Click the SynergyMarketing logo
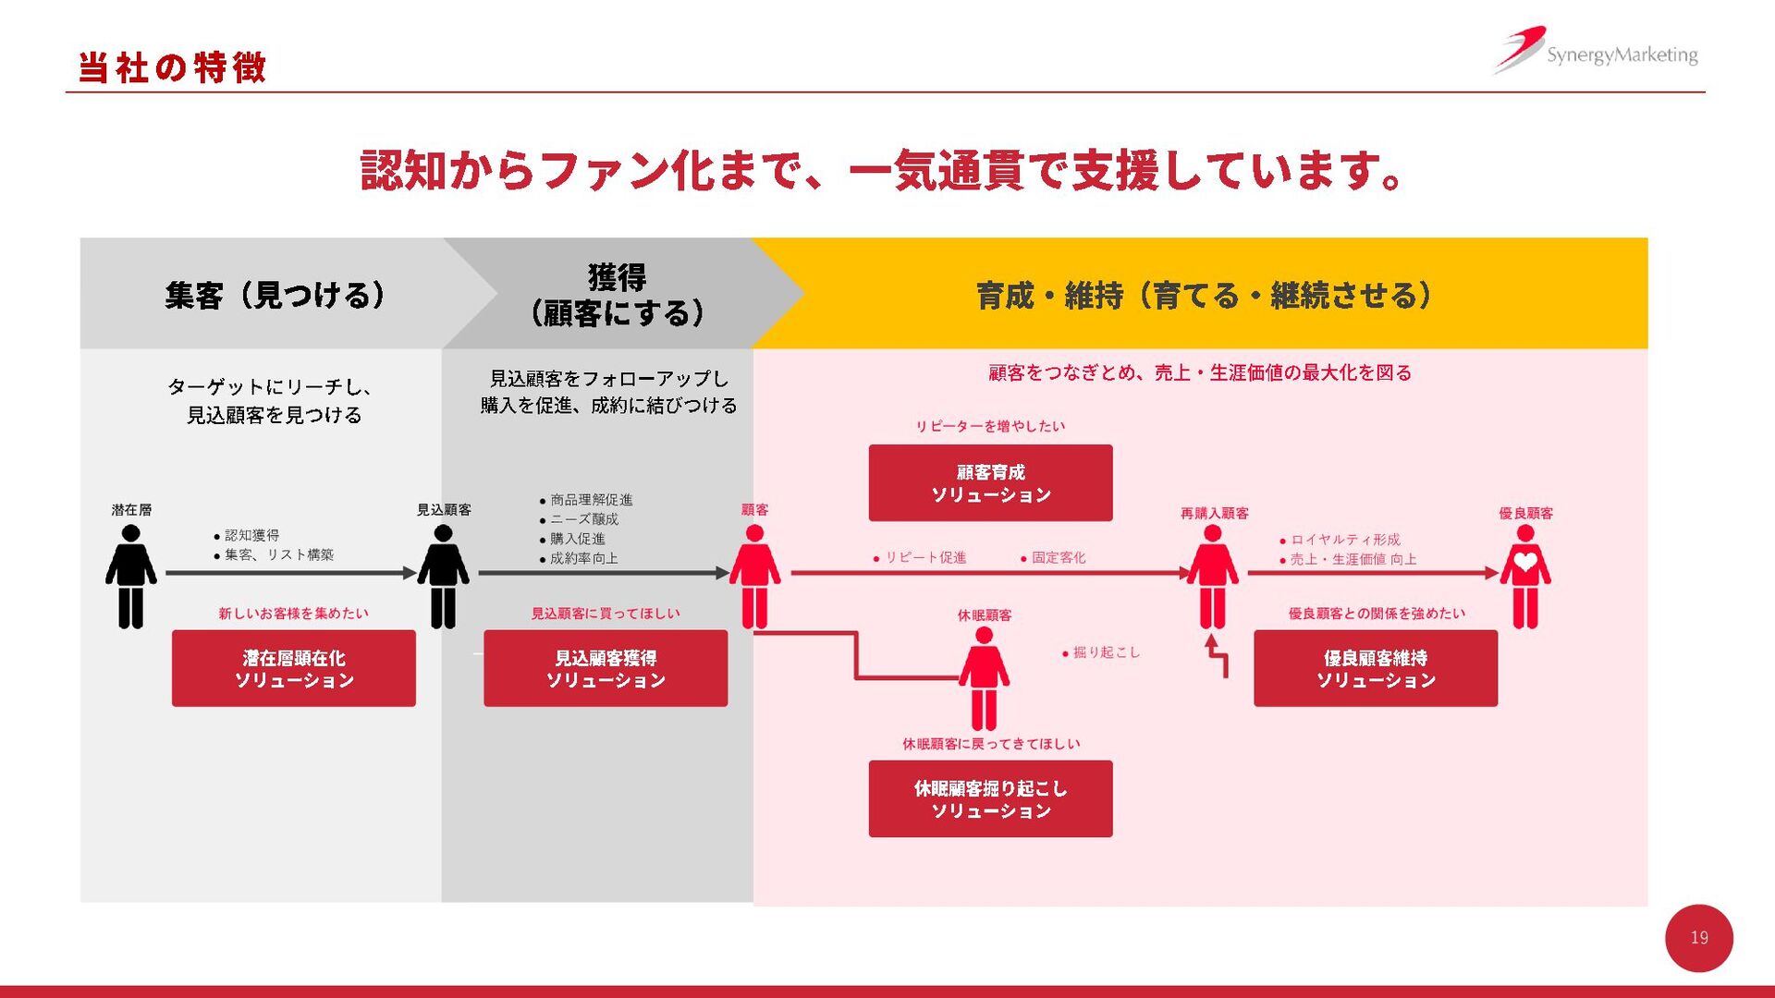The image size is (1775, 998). coord(1597,52)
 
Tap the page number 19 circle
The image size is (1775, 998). coord(1698,938)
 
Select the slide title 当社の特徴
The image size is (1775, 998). coord(173,67)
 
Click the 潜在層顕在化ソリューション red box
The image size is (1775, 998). coord(293,668)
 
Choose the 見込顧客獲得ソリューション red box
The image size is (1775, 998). coord(605,668)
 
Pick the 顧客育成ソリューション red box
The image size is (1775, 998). coord(990,482)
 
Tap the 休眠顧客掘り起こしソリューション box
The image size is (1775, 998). coord(990,798)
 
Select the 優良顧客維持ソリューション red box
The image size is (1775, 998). coord(1375,668)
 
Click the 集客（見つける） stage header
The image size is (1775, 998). coord(275,295)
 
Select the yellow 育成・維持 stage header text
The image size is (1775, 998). coord(1204,296)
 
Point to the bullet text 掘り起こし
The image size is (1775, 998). coord(1106,652)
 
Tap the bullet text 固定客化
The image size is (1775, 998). coord(1058,557)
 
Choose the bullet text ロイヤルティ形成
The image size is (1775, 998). coord(1344,540)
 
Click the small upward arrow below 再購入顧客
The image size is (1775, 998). coord(1217,654)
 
